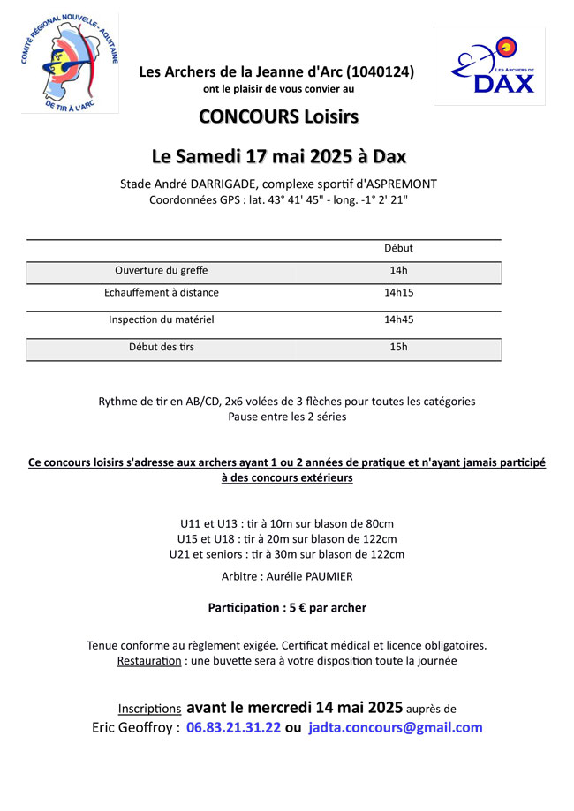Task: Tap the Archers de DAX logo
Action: (x=489, y=66)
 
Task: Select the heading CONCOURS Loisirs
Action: (x=278, y=116)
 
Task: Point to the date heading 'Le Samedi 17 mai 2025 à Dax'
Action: (x=279, y=157)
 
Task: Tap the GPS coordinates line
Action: (x=278, y=200)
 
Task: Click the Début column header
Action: (x=398, y=248)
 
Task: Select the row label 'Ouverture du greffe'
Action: (x=162, y=270)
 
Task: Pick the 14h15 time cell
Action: (x=398, y=293)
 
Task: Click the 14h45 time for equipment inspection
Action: (x=398, y=319)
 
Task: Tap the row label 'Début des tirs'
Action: (x=162, y=347)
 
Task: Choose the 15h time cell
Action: (x=398, y=347)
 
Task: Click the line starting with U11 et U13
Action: (x=287, y=522)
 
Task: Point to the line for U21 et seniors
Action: (x=287, y=554)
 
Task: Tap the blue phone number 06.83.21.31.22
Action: (x=233, y=728)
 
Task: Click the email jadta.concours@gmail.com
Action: (x=396, y=728)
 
